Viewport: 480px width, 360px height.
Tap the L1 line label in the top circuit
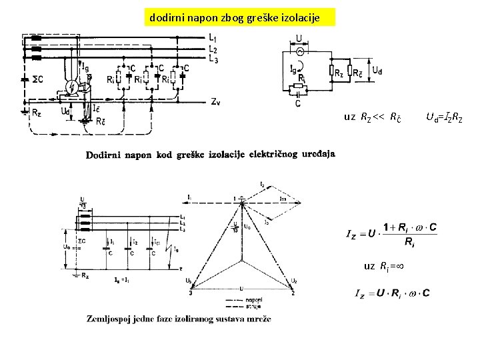click(212, 37)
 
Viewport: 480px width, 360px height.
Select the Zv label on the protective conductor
click(215, 102)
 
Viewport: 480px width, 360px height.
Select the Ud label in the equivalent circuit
click(377, 69)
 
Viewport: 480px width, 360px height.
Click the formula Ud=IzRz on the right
click(443, 118)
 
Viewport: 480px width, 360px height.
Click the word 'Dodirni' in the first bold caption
click(104, 155)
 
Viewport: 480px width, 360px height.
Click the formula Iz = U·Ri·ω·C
click(393, 293)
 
